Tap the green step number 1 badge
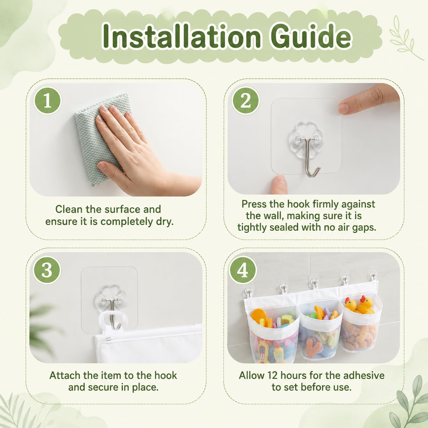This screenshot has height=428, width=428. click(x=47, y=101)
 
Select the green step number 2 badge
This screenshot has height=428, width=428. click(x=246, y=101)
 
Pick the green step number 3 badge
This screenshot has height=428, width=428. click(x=47, y=270)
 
